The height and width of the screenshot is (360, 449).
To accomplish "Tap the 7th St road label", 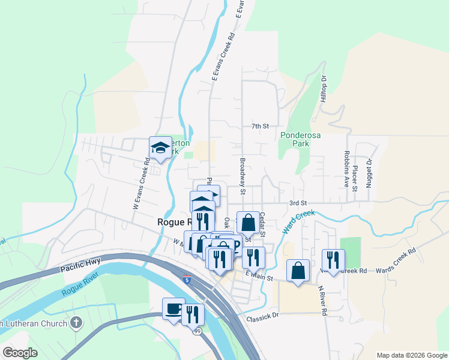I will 259,126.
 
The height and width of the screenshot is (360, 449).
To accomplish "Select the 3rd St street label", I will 298,203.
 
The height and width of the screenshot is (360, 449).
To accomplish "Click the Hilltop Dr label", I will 323,87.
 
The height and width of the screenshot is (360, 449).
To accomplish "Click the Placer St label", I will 355,178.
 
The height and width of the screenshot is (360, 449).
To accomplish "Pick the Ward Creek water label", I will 298,221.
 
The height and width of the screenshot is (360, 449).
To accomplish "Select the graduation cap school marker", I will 160,147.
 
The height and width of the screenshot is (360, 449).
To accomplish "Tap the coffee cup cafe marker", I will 173,308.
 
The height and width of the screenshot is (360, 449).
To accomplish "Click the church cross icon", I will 76,323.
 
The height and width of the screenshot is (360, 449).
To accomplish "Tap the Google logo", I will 20,353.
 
